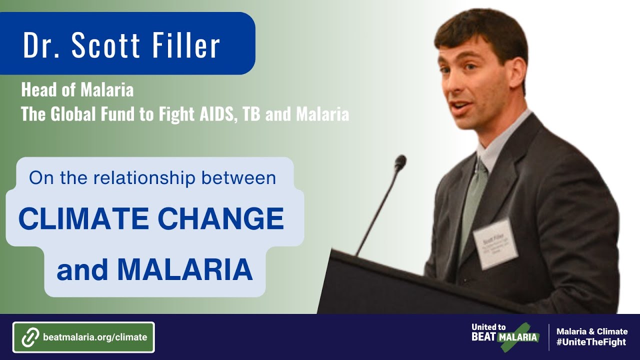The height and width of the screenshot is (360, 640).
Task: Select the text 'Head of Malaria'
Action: tap(77, 90)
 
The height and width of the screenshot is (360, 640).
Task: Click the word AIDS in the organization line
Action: tap(210, 114)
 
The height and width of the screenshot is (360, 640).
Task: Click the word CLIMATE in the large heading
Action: tap(83, 219)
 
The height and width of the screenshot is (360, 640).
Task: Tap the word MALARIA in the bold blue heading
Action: tap(184, 269)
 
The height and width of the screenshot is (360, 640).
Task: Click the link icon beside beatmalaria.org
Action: tap(30, 337)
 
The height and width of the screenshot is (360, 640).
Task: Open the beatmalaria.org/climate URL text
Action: tap(95, 337)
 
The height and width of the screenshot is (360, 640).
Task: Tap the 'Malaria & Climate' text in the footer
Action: tap(592, 331)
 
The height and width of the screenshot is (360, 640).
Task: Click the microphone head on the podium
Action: tap(400, 162)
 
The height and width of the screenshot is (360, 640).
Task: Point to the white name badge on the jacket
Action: tap(495, 244)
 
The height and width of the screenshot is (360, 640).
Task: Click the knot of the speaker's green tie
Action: tap(481, 167)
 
